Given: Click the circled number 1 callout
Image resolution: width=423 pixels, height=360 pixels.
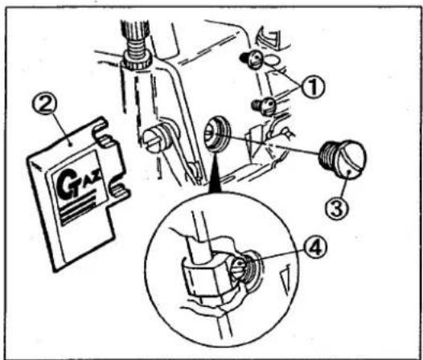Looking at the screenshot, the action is coord(312,86).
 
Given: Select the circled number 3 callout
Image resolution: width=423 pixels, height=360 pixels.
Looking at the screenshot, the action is coord(337,210).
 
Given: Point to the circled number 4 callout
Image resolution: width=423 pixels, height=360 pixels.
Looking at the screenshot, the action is coord(315,249).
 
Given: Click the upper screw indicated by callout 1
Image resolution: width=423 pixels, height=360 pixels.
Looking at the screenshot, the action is coord(252,59).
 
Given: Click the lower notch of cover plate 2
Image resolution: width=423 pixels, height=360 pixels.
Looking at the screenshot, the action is coord(118,186).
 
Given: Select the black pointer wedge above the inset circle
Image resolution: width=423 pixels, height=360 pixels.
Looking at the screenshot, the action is coord(215,173).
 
